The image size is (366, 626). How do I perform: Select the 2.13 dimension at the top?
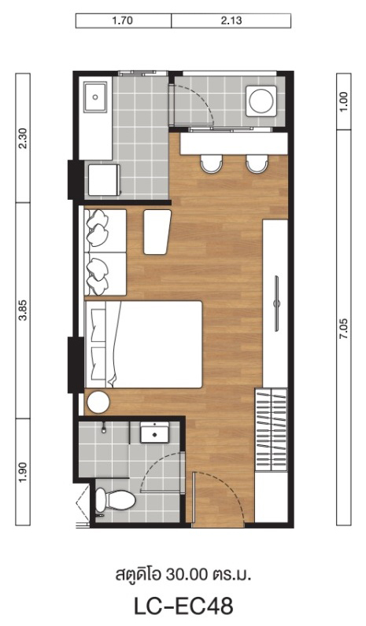[x=231, y=20]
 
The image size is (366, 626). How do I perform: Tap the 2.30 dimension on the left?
[x=23, y=138]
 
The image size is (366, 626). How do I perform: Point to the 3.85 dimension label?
[x=23, y=310]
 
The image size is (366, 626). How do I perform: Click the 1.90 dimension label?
[x=23, y=472]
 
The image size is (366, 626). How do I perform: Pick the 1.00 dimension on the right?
[x=344, y=101]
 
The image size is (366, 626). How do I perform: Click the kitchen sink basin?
[x=95, y=97]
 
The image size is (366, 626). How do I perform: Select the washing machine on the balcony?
[x=261, y=101]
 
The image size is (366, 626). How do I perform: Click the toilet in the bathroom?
[x=115, y=499]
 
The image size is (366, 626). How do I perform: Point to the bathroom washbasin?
[x=154, y=432]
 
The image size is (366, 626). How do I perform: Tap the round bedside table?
[x=98, y=402]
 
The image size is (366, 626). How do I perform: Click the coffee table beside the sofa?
[x=157, y=232]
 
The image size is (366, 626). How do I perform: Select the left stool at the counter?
[x=211, y=164]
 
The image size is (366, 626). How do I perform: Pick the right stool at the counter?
[x=257, y=164]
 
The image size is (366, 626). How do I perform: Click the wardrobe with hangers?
[x=272, y=429]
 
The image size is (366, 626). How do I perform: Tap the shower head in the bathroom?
[x=104, y=428]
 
